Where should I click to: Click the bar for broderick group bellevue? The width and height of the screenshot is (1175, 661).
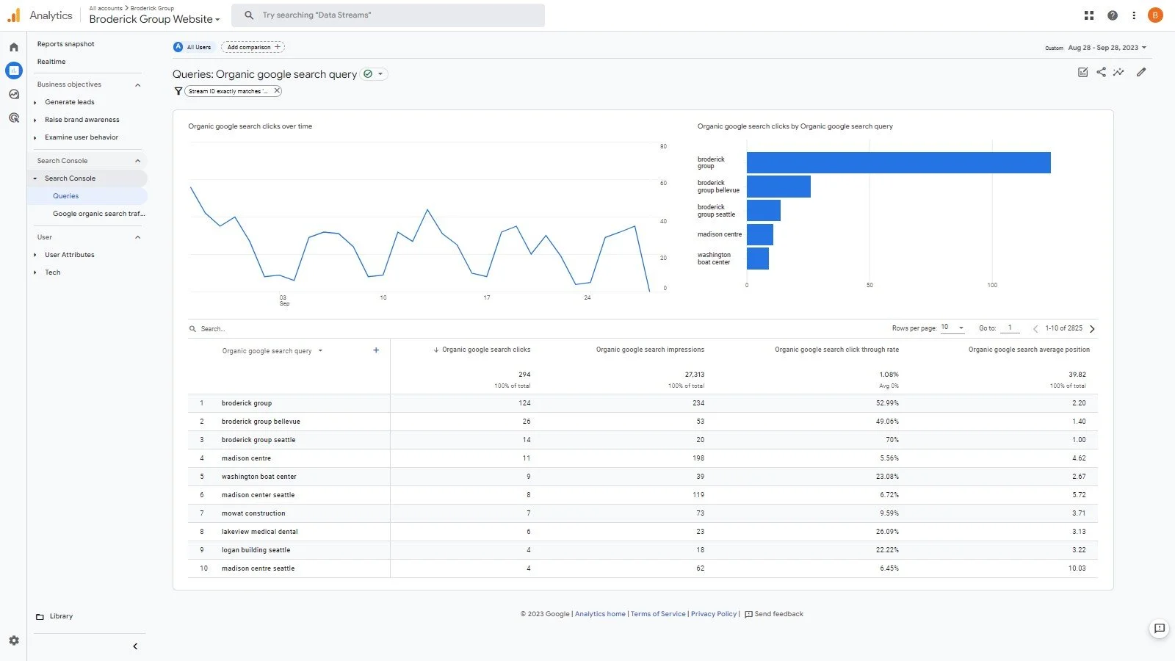tap(778, 187)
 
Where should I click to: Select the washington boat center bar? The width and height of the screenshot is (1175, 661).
tap(758, 259)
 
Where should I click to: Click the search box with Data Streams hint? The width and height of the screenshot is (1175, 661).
tap(389, 15)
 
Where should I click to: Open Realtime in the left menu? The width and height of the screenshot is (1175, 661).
tap(51, 62)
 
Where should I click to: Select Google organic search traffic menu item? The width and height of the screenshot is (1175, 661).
tap(98, 214)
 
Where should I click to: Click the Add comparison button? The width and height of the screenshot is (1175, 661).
tap(253, 47)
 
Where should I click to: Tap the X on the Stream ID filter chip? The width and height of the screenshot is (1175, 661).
tap(277, 91)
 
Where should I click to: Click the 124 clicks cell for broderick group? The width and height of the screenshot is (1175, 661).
tap(524, 403)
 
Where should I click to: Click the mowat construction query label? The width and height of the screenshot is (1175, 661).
tap(253, 513)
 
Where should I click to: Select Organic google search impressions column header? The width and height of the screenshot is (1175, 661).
tap(650, 350)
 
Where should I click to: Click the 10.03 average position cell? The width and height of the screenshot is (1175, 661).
tap(1077, 568)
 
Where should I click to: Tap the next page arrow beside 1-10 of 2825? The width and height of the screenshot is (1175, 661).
tap(1092, 329)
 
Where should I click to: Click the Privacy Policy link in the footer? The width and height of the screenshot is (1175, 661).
tap(713, 614)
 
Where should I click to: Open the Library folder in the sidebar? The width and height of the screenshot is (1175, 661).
tap(61, 616)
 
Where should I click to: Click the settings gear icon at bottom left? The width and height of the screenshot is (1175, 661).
tap(14, 640)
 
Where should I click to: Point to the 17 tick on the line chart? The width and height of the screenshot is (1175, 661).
tap(486, 297)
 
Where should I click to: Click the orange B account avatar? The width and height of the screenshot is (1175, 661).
tap(1155, 15)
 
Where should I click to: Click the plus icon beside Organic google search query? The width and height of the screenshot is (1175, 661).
tap(376, 350)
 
